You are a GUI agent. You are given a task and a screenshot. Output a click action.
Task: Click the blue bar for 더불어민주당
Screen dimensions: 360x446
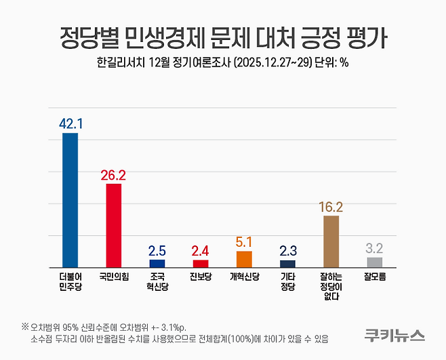pos(70,200)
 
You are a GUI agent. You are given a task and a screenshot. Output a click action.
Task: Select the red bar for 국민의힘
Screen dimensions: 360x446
pos(114,226)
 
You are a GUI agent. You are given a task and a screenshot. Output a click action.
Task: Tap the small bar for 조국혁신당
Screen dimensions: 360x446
pos(157,263)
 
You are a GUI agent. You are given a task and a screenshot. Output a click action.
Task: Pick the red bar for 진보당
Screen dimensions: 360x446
pos(201,263)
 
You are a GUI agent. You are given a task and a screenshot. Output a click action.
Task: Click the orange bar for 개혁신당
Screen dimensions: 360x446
pos(244,259)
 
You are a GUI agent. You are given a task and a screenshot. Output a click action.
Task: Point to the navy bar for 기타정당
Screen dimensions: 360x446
pos(287,264)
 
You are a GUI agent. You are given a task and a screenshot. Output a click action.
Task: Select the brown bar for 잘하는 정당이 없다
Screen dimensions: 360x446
pos(331,241)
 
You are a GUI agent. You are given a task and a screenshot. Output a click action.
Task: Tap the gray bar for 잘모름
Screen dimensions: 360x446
pos(374,262)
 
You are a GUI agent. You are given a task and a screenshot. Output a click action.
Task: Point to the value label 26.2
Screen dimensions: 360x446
pos(114,174)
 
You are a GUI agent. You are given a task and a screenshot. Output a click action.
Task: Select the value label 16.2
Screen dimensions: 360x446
pos(331,206)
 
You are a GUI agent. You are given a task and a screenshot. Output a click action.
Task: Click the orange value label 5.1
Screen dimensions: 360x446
pos(244,241)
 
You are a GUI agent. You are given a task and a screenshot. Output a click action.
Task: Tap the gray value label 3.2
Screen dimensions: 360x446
pos(374,247)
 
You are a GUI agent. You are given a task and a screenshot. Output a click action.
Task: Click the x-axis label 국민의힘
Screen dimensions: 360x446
pos(114,277)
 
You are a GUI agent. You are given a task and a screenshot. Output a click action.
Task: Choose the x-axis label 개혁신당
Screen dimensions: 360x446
pos(244,277)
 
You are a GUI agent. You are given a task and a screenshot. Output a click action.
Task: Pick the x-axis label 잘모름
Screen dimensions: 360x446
pos(374,277)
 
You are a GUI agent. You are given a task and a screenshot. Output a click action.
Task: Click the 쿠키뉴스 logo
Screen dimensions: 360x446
pos(394,335)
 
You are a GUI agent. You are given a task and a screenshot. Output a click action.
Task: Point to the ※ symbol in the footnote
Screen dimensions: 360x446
pos(25,326)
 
